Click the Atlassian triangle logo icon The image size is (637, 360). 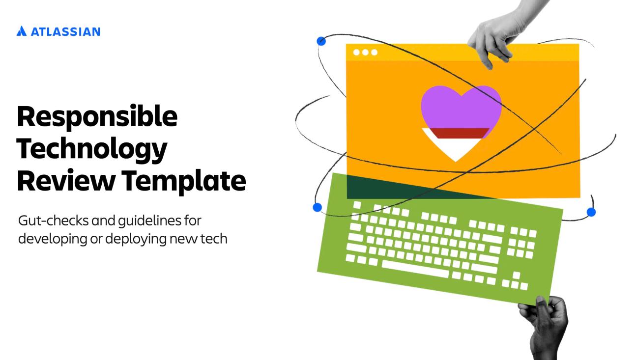coord(21,32)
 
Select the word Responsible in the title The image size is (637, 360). coord(97,117)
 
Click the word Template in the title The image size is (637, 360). coord(183,181)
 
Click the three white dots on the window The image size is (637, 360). coord(365,53)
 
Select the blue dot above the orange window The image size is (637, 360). coord(321,41)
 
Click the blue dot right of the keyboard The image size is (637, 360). coord(591,212)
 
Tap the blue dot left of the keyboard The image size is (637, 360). coord(317,207)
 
